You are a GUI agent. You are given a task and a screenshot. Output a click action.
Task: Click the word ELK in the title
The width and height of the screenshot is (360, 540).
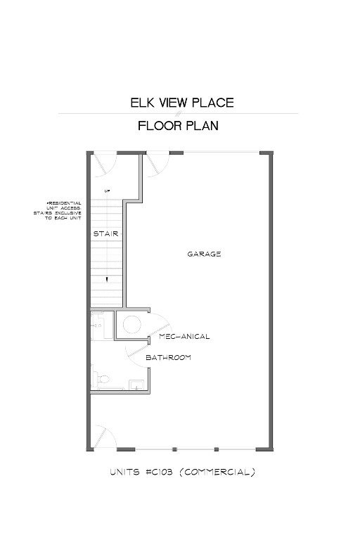click(x=141, y=103)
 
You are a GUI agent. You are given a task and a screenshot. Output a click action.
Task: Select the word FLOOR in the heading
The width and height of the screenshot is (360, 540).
click(x=160, y=127)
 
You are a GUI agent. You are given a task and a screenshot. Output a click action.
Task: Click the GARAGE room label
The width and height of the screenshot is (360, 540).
click(x=204, y=254)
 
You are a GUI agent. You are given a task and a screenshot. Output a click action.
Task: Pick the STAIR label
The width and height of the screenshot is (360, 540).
click(x=105, y=233)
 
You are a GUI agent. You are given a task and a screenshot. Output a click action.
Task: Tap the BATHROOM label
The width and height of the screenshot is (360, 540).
click(x=169, y=358)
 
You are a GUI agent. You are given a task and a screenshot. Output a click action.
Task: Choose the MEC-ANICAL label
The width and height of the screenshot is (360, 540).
click(x=184, y=337)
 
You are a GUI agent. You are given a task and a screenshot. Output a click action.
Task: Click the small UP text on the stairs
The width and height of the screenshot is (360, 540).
click(x=108, y=191)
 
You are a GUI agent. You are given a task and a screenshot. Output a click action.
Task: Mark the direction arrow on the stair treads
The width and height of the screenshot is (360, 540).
click(x=107, y=279)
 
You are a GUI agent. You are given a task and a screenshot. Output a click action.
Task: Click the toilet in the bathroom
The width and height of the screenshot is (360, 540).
click(x=103, y=380)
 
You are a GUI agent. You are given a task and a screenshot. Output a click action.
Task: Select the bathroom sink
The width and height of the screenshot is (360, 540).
click(x=136, y=384)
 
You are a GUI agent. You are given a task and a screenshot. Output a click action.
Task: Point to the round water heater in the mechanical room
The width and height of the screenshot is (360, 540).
click(x=131, y=324)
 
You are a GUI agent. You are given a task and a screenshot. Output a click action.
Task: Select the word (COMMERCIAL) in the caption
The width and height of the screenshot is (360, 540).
click(x=219, y=472)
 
